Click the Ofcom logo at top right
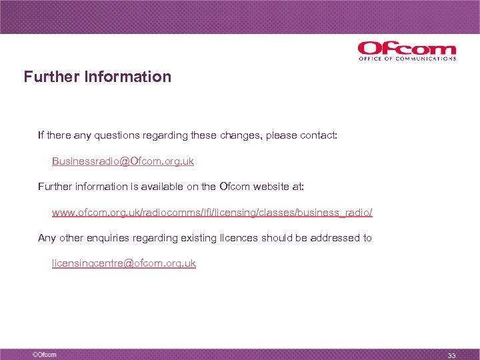[406, 49]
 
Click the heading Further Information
[97, 77]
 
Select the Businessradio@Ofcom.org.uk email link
[123, 161]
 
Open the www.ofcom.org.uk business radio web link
[212, 213]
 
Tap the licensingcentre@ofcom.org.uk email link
[124, 263]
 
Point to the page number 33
[451, 355]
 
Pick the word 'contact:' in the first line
[319, 136]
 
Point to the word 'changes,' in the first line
[239, 136]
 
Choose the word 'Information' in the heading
[128, 77]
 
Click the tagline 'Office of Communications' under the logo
[407, 59]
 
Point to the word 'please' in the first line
[281, 136]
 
